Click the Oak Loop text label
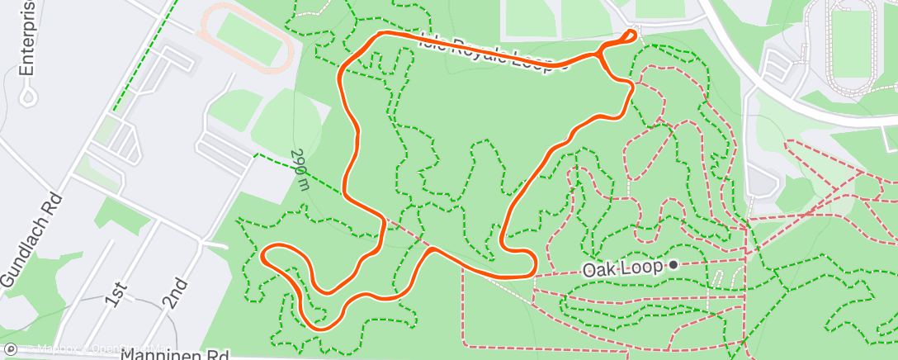point(624,269)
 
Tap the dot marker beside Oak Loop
point(674,265)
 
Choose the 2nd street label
point(175,292)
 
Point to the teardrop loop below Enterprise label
point(30,96)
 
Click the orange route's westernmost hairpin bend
point(264,254)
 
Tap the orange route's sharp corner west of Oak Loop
point(535,272)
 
